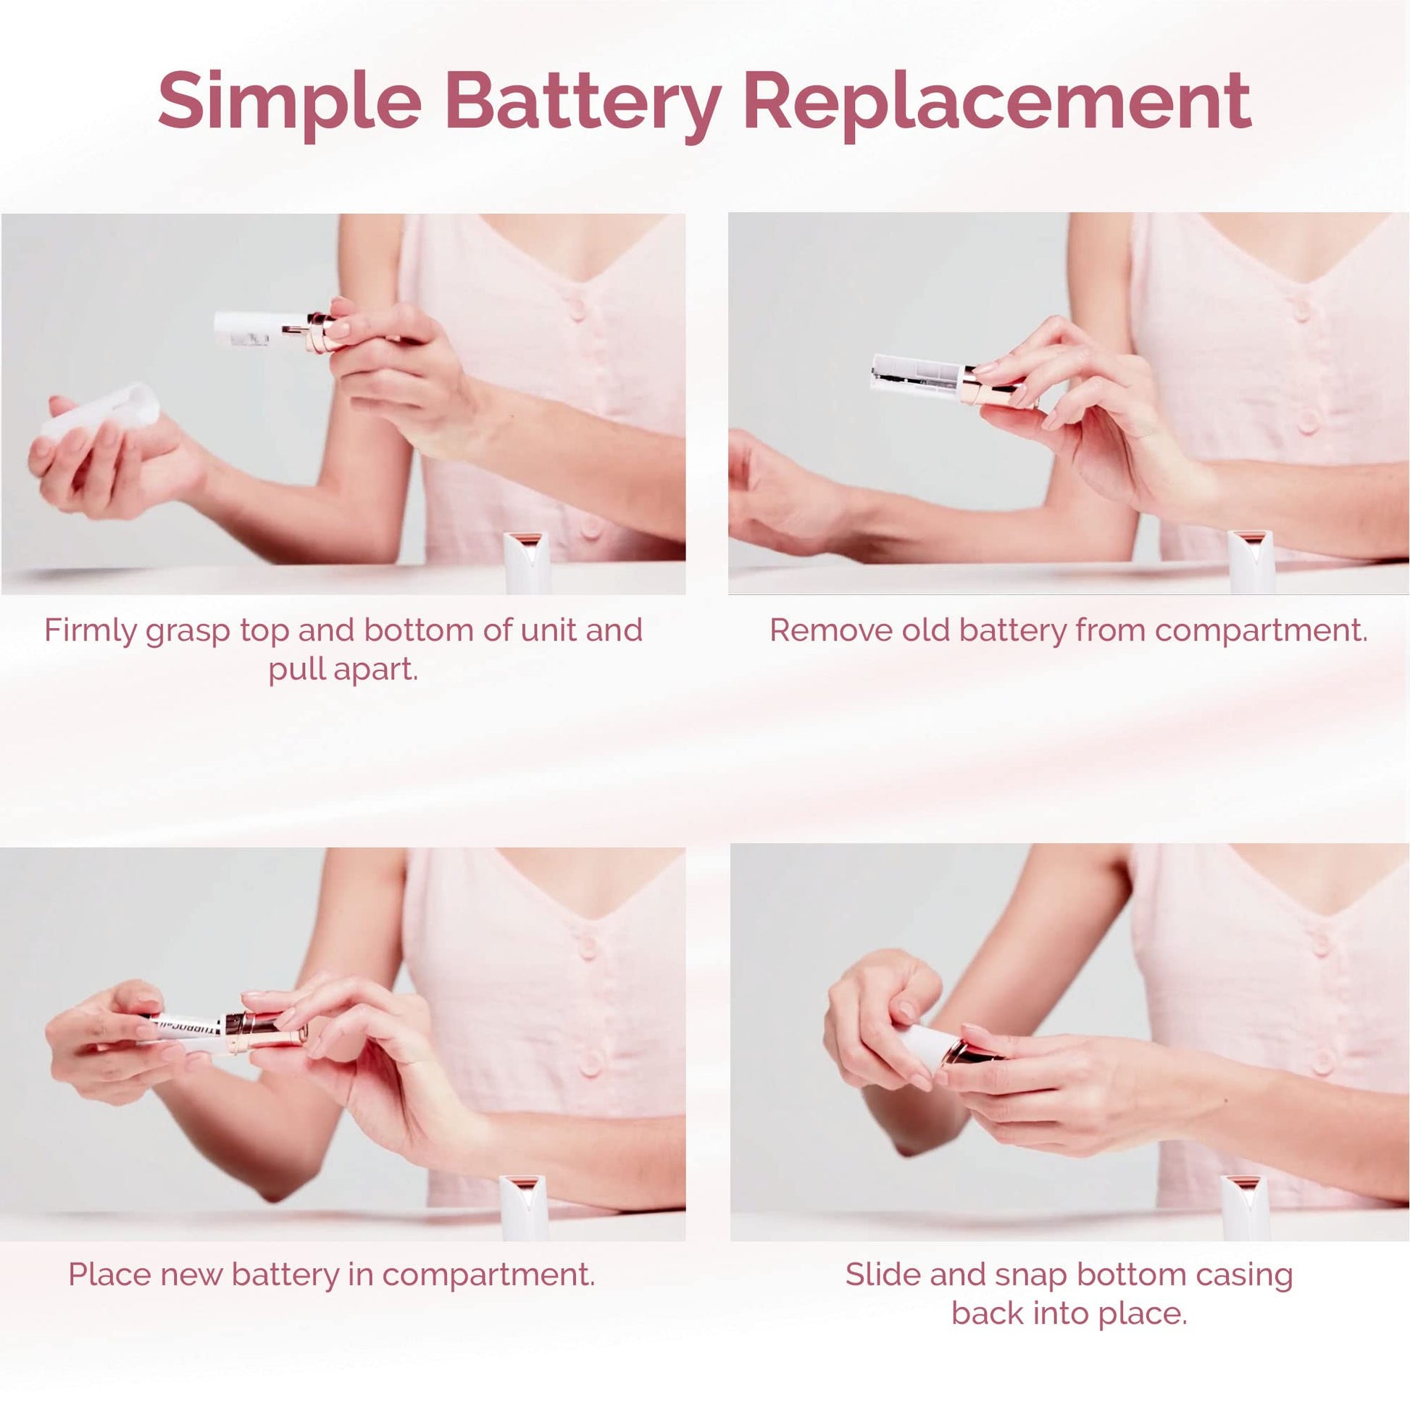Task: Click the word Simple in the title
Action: (x=290, y=101)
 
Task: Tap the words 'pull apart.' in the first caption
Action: (x=343, y=670)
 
